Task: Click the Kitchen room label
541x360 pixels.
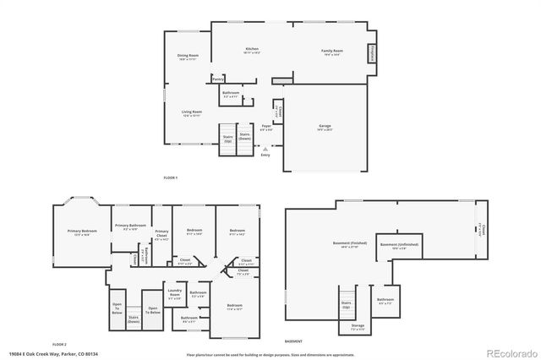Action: click(252, 51)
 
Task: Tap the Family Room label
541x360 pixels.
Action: click(331, 52)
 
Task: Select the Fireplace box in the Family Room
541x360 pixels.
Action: click(369, 53)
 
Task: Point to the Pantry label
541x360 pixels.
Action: click(217, 79)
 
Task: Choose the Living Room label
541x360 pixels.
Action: click(191, 112)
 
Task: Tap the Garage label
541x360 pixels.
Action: click(325, 128)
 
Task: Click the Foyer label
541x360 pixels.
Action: click(266, 128)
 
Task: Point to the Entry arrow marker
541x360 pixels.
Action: click(265, 148)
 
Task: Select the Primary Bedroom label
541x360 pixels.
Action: click(83, 232)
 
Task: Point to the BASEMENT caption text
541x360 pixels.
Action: click(293, 341)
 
